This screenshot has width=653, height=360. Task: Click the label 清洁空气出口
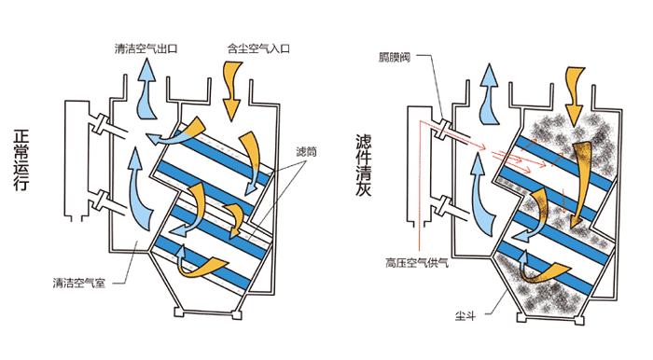click(146, 48)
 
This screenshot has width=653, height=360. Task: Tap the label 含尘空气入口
click(258, 48)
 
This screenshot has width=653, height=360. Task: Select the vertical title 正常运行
click(21, 160)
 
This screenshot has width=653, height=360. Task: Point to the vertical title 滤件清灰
click(364, 165)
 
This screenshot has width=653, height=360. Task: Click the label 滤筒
click(306, 151)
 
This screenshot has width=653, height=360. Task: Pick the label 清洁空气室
click(79, 283)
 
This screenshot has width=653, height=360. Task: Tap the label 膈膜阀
click(395, 58)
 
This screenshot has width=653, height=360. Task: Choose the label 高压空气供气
click(416, 263)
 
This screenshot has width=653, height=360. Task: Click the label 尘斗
click(465, 316)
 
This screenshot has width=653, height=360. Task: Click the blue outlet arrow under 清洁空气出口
click(146, 89)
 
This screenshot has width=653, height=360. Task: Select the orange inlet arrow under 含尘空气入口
click(232, 90)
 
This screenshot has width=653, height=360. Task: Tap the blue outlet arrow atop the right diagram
click(489, 93)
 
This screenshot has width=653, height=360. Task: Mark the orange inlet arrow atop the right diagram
click(575, 97)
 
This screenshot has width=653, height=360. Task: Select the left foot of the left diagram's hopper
click(179, 312)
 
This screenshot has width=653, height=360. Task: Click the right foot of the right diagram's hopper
click(579, 321)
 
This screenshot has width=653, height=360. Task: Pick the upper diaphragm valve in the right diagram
click(442, 129)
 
